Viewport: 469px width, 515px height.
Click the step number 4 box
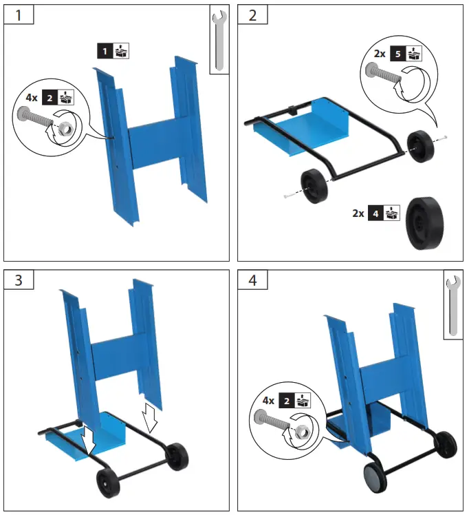[x=252, y=280]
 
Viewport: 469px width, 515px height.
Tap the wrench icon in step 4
[x=452, y=306]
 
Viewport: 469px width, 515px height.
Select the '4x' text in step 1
[x=31, y=98]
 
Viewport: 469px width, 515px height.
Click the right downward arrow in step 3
[x=150, y=415]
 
